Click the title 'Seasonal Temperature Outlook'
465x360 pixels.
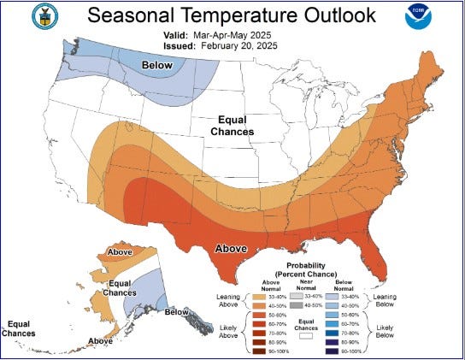[232, 16]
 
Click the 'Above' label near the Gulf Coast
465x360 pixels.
[231, 250]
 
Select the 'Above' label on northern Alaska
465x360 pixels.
[120, 253]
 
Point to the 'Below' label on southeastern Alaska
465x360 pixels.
[177, 312]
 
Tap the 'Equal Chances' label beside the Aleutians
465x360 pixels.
[19, 328]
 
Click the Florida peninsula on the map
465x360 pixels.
[373, 257]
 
